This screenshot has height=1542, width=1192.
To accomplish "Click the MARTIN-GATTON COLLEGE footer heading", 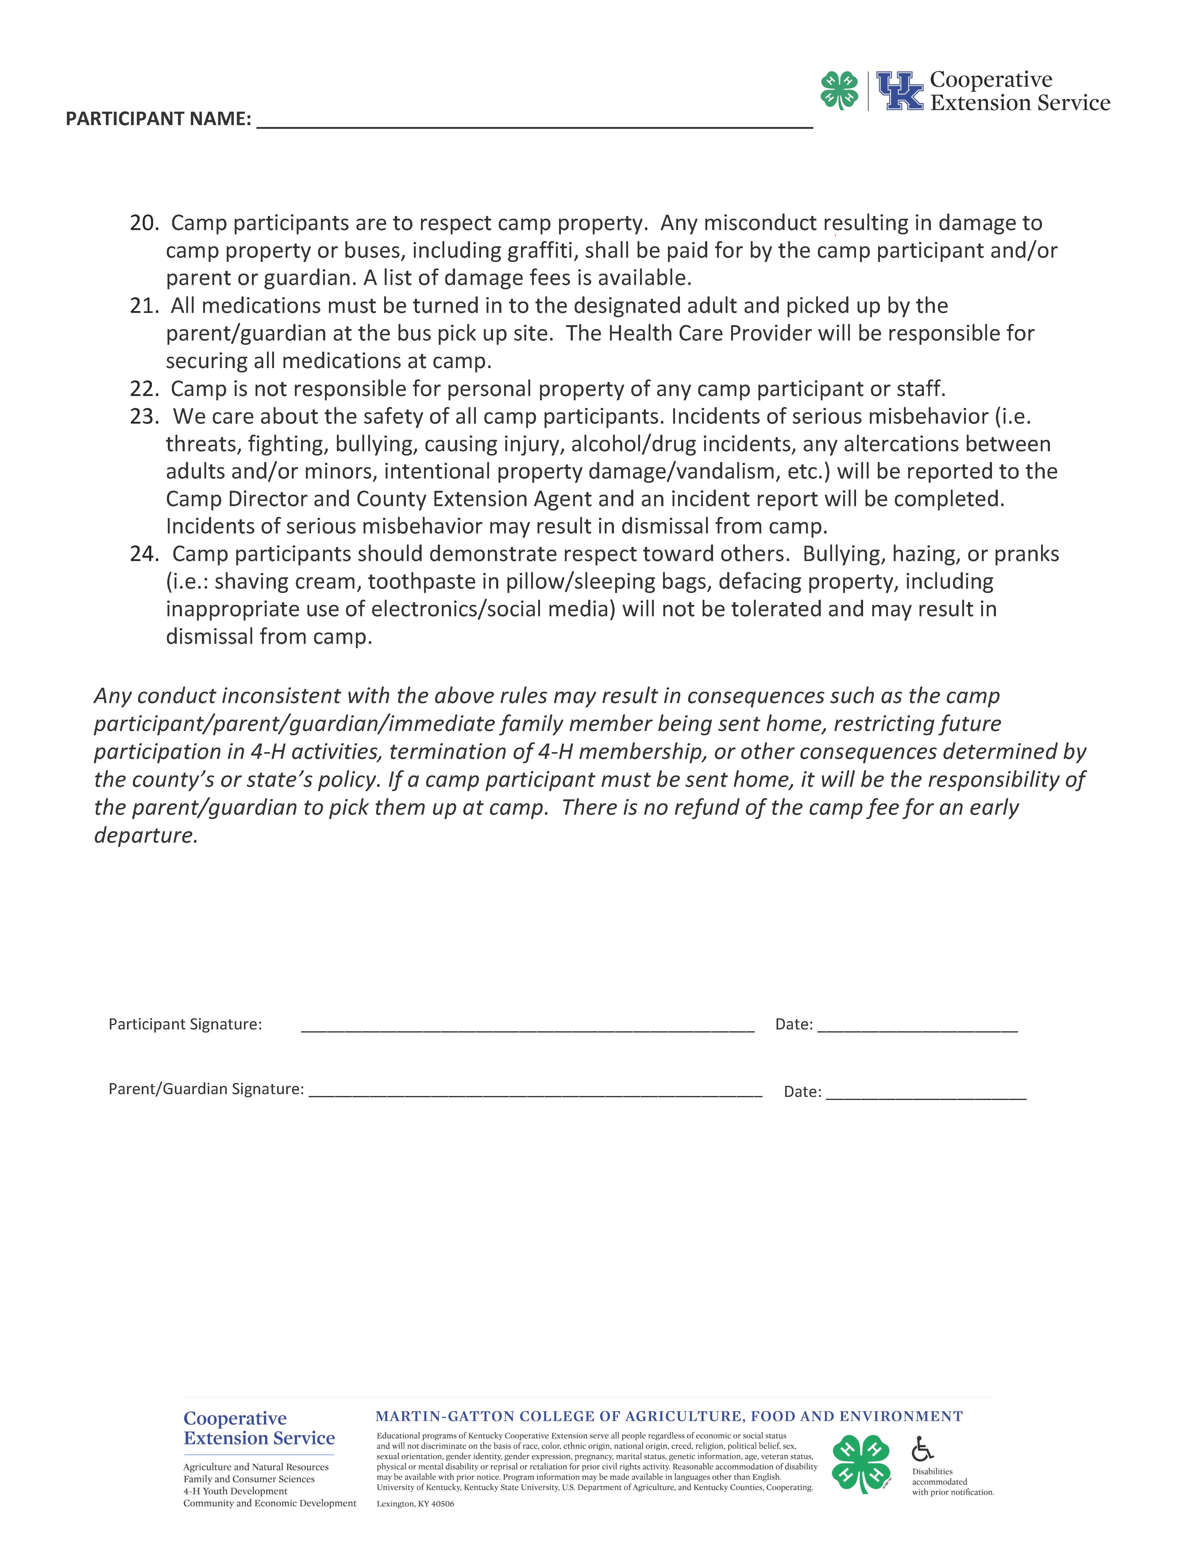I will click(x=669, y=1416).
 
